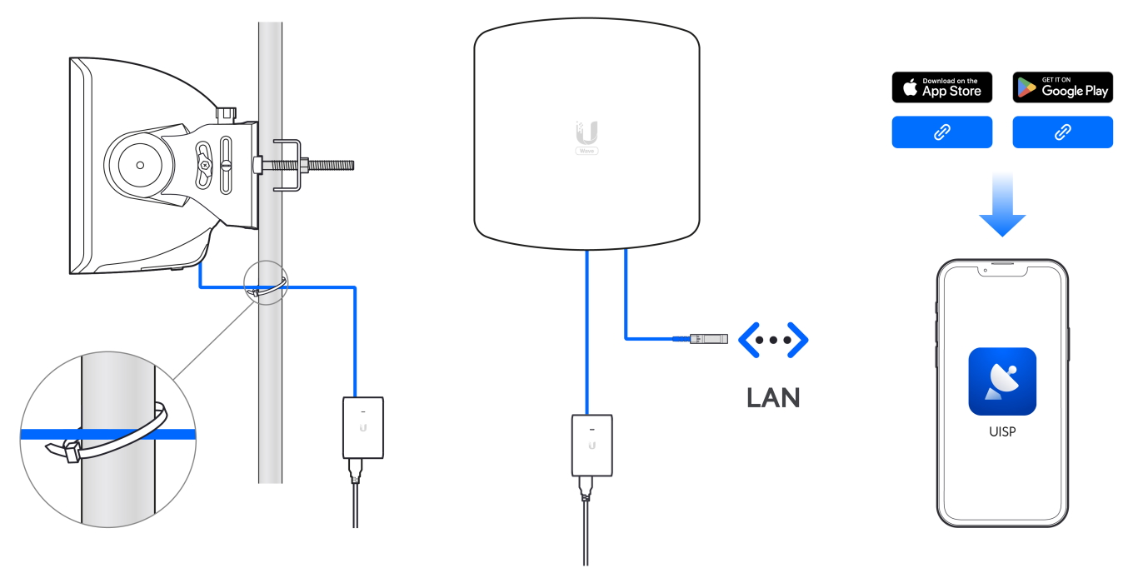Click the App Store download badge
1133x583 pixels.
coord(941,87)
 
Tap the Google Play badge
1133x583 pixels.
coord(1062,87)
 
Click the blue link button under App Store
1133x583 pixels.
coord(941,132)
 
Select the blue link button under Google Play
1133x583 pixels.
coord(1062,132)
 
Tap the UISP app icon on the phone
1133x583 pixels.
coord(1002,381)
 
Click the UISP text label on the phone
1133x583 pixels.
coord(1002,433)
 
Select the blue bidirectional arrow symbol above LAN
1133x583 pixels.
coord(773,340)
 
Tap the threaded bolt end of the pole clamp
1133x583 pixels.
coord(333,165)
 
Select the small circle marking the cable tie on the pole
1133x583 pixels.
coord(264,284)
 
